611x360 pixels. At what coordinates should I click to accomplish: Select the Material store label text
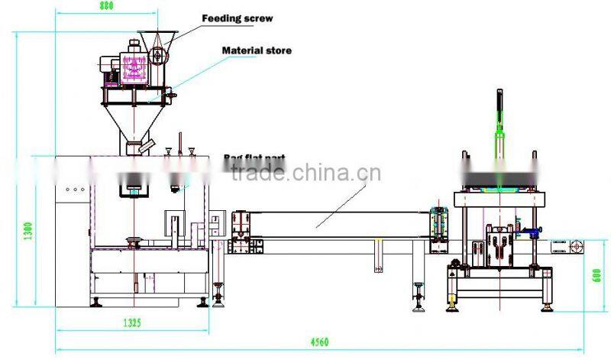tap(256, 50)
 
